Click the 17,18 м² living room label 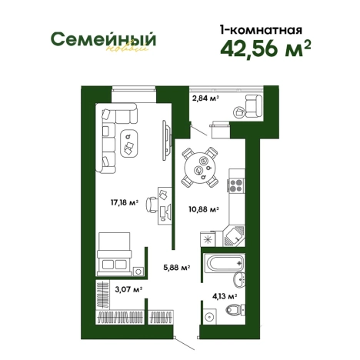(124, 203)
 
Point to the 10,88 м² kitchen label (204, 208)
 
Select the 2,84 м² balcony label (205, 99)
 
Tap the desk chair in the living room (152, 203)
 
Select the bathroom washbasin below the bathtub (240, 279)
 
